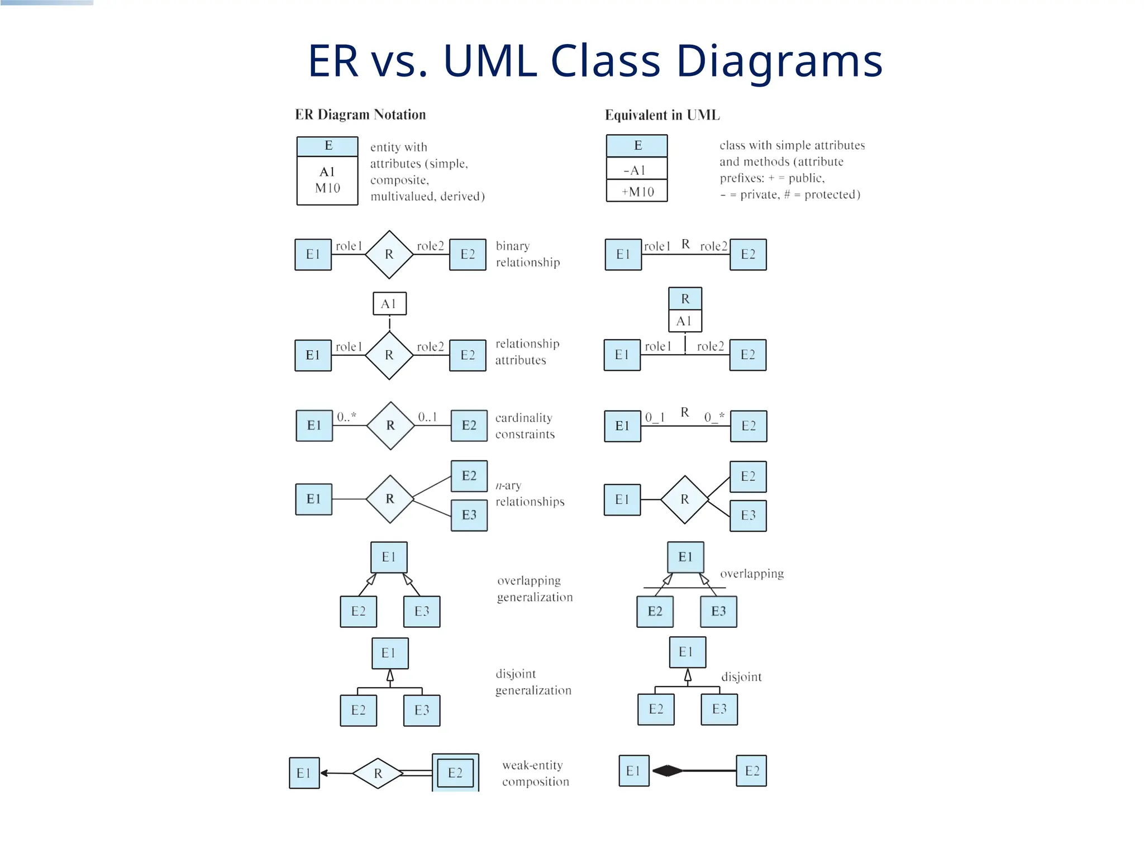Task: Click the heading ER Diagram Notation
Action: point(360,115)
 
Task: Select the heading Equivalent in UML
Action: point(662,115)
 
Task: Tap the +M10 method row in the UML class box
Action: point(637,192)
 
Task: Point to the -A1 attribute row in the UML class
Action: point(637,170)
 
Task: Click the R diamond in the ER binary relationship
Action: point(389,254)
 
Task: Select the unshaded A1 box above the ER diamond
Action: point(389,304)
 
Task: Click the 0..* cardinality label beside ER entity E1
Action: point(346,417)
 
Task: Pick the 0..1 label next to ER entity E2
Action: point(427,417)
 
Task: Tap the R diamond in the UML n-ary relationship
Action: point(684,499)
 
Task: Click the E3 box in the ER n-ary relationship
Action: point(469,515)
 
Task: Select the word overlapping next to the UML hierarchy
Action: point(751,574)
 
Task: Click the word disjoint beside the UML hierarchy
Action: point(741,677)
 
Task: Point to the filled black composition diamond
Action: point(668,771)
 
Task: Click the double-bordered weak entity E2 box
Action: point(455,773)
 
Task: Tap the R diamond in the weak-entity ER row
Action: point(378,773)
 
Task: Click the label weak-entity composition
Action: point(535,773)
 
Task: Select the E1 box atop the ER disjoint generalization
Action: point(390,653)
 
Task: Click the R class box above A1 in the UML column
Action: point(685,299)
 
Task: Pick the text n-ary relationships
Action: point(529,494)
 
